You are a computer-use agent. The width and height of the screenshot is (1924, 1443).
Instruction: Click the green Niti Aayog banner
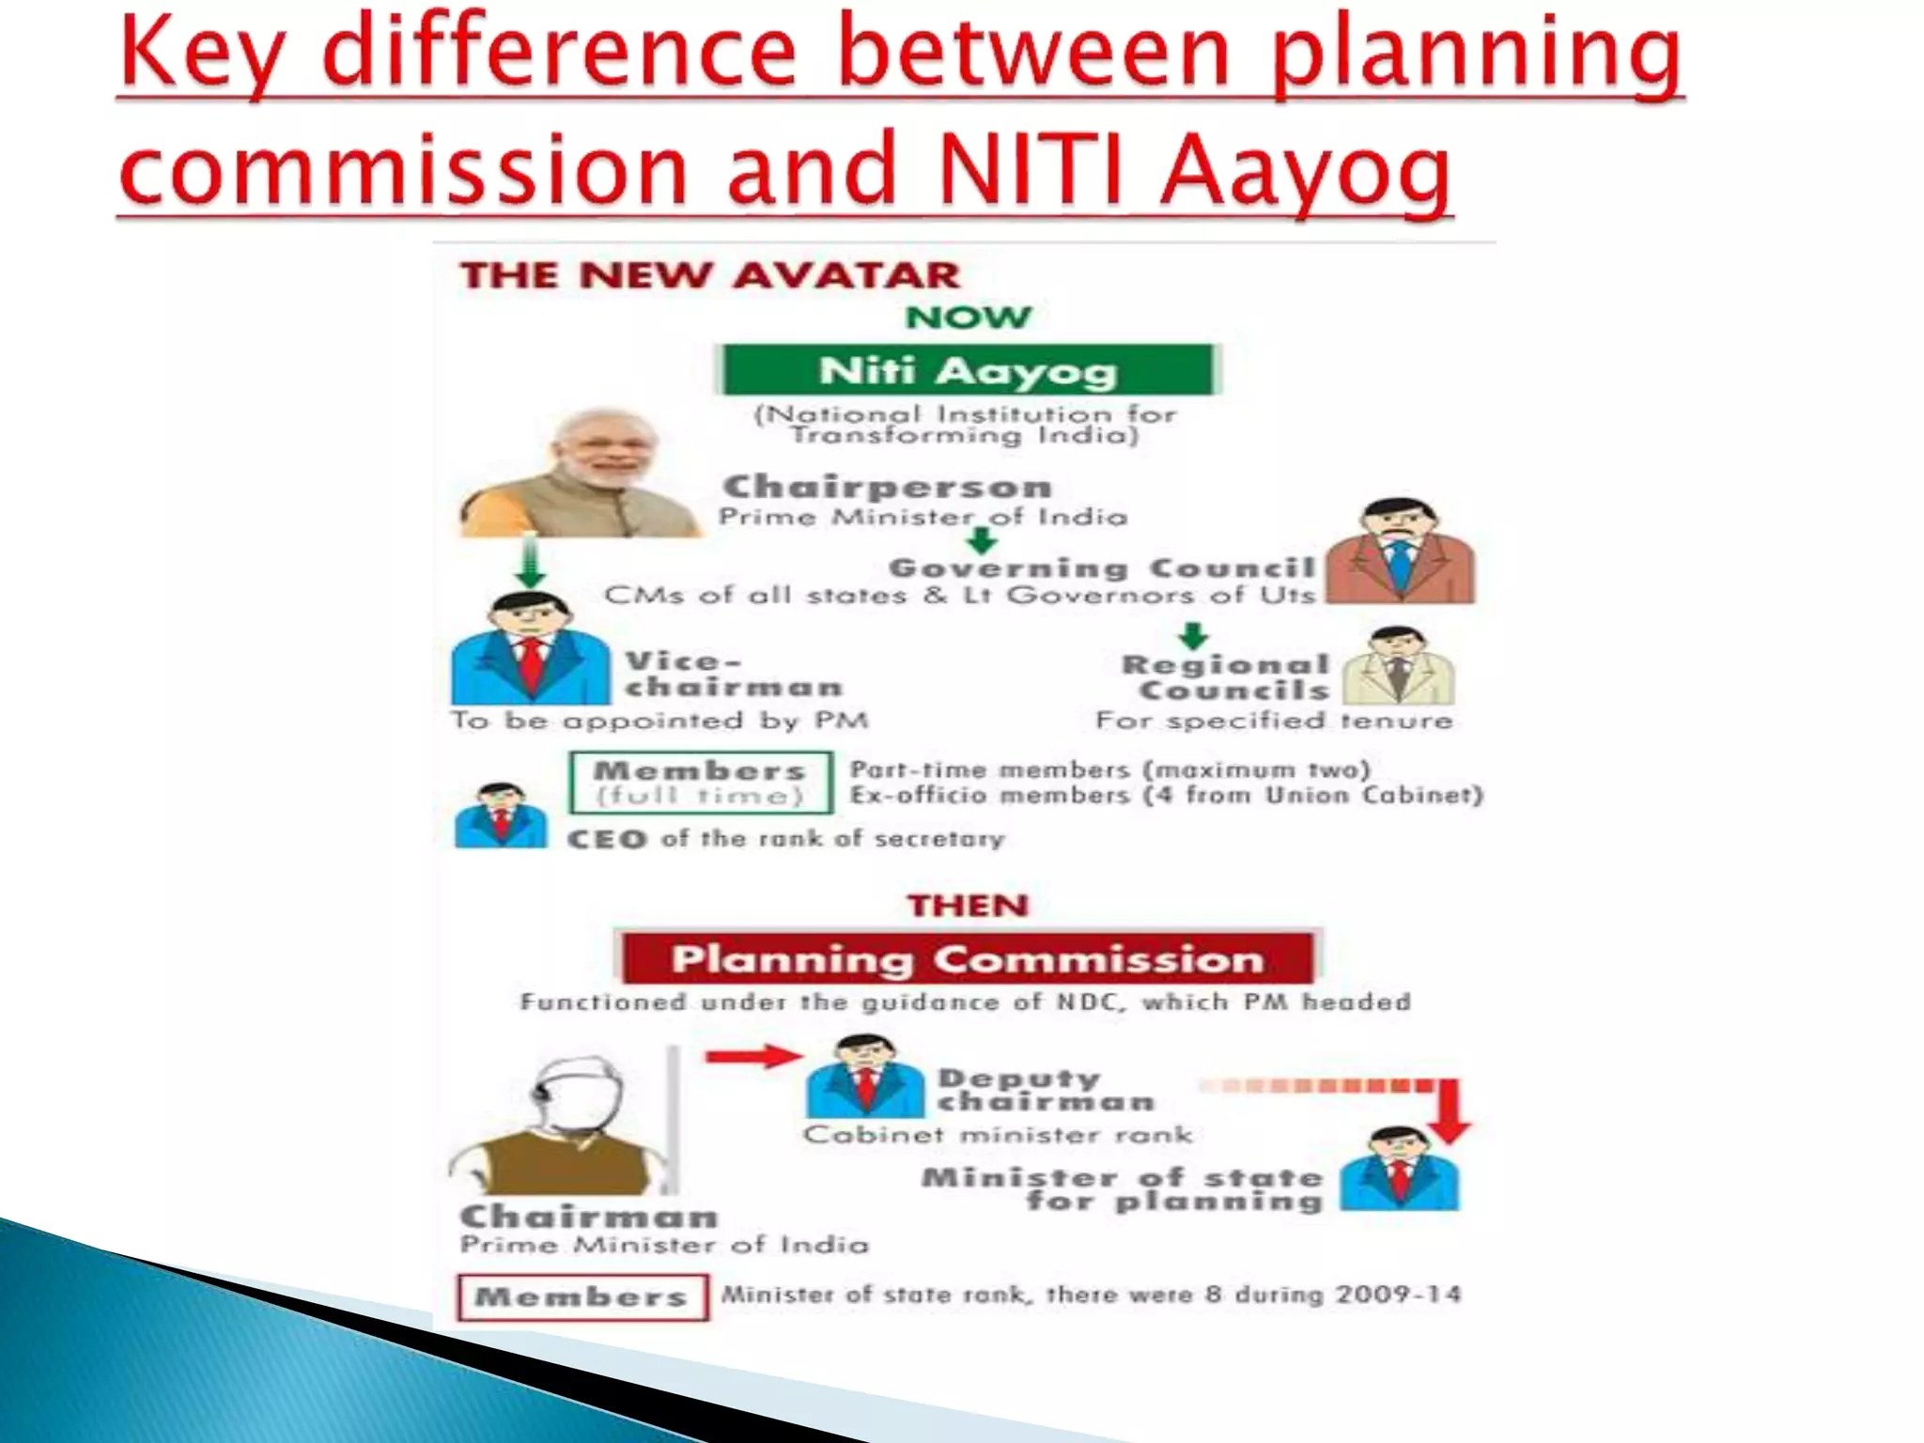click(968, 370)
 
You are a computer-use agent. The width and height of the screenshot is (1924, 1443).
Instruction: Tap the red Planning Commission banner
click(968, 958)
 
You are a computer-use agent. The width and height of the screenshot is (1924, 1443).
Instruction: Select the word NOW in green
click(968, 317)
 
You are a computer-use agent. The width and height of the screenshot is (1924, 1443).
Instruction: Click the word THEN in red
click(968, 906)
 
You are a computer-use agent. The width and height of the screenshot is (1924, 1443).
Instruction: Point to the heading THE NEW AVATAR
click(710, 275)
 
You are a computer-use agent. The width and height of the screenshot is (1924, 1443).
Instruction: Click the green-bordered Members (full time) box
click(701, 783)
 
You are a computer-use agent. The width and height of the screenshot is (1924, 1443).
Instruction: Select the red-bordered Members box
click(582, 1297)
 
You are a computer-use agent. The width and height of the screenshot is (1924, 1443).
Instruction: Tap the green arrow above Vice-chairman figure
click(531, 562)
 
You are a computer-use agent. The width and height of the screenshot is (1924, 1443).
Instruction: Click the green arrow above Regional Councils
click(1193, 636)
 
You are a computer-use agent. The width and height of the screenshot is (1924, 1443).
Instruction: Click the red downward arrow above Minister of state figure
click(1451, 1113)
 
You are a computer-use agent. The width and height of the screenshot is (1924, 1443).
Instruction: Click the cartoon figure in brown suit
click(1400, 552)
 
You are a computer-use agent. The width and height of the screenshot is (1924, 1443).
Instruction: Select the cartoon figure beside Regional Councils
click(1398, 667)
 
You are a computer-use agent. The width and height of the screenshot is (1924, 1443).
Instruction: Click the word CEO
click(607, 839)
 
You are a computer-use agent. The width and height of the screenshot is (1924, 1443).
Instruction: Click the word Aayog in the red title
click(1306, 169)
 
